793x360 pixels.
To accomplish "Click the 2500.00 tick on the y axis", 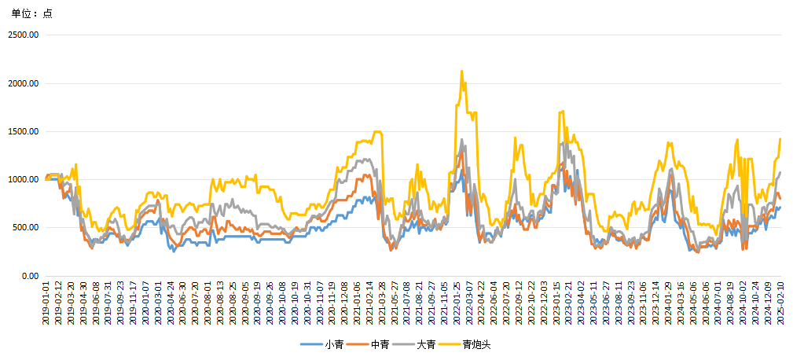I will [24, 35].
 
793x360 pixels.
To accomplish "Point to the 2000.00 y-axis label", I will [24, 83].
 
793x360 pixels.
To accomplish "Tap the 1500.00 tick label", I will [24, 131].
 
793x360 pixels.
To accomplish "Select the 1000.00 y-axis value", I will [24, 179].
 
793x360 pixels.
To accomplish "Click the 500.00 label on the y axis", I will [27, 227].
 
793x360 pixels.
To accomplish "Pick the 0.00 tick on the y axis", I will [31, 276].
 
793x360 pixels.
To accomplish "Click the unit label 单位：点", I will [31, 13].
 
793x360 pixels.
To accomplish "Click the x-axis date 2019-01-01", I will [47, 303].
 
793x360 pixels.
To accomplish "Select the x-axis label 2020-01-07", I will [145, 303].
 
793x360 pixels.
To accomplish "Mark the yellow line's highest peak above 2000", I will [461, 72].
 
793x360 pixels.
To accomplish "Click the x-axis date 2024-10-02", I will [743, 303].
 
